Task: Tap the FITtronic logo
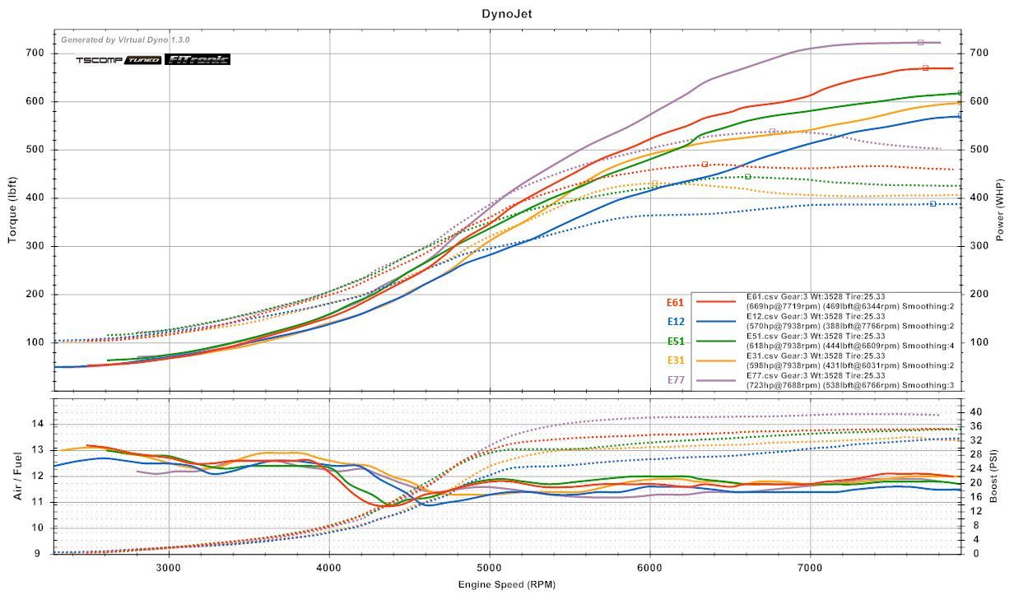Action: click(x=198, y=59)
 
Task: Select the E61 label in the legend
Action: click(x=676, y=301)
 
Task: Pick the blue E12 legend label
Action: click(x=676, y=321)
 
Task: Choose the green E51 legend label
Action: click(x=676, y=340)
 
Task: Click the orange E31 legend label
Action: click(x=676, y=360)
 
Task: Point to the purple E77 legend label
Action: click(x=676, y=379)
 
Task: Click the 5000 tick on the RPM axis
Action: click(x=490, y=567)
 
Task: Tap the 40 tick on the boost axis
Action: click(x=974, y=411)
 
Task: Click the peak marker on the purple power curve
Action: click(x=920, y=42)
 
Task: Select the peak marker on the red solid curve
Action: click(x=925, y=67)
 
